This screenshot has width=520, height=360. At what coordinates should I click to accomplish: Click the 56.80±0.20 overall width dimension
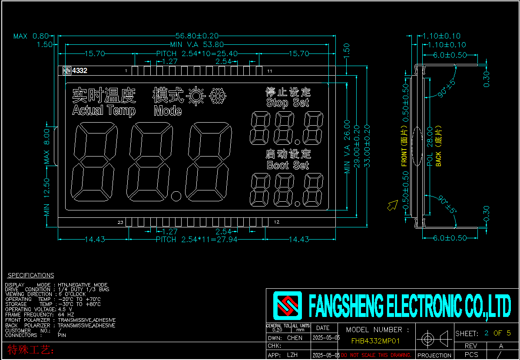point(196,36)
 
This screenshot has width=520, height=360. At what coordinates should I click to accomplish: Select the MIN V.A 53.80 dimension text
point(197,44)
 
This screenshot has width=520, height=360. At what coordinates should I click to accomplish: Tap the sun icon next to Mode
point(196,95)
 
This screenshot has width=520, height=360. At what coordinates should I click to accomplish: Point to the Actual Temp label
point(104,110)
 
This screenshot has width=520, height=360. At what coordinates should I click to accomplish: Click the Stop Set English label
point(288,103)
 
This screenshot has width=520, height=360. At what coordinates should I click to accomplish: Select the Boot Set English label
point(288,165)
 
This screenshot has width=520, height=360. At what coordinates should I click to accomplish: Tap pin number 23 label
point(120,223)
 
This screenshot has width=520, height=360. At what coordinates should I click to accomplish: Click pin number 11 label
point(270,71)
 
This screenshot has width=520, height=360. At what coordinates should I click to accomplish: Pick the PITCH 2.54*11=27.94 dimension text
point(196,240)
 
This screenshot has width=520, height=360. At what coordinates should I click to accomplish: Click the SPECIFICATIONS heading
point(31,275)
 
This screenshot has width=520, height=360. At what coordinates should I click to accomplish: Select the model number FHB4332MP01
point(375,341)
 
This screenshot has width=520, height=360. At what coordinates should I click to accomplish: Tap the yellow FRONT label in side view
point(404,151)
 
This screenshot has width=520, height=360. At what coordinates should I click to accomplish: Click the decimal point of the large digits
point(176,196)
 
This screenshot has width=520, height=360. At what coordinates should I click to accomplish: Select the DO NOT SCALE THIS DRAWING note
point(376,355)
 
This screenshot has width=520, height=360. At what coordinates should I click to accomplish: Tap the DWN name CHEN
point(295,338)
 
